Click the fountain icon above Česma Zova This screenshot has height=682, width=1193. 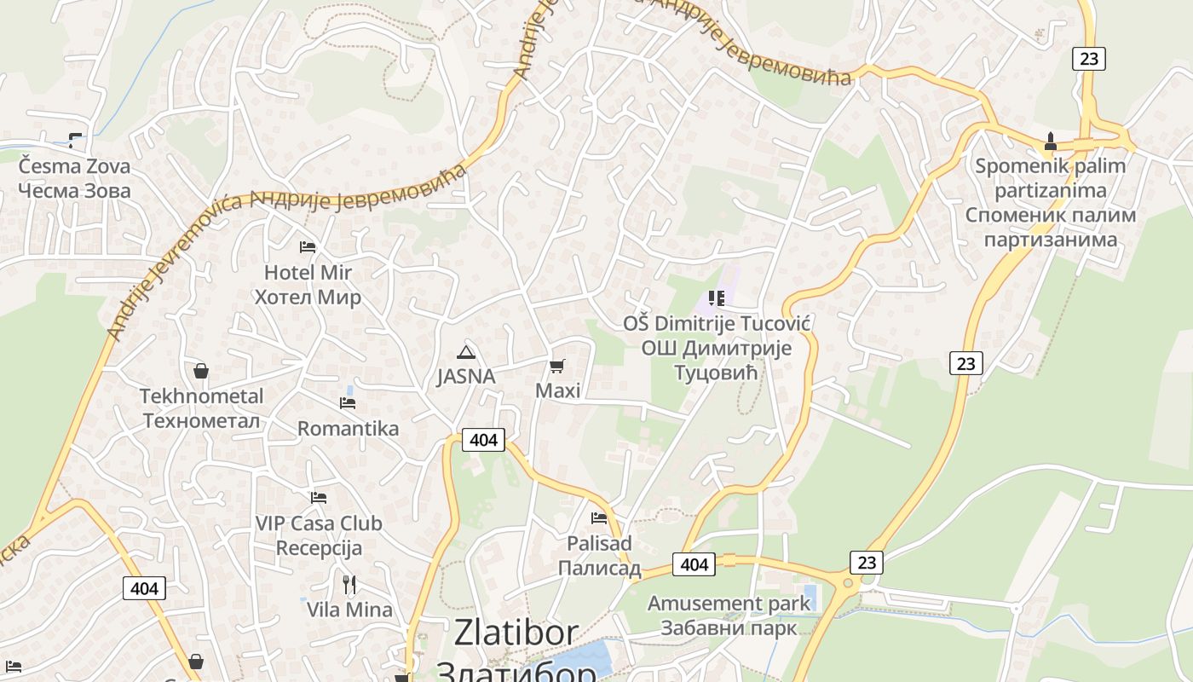[x=77, y=140]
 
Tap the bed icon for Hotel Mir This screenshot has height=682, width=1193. [x=308, y=247]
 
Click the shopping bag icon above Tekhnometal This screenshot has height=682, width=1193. [x=201, y=371]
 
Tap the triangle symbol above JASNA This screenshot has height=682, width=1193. [x=465, y=352]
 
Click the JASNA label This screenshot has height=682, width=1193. [x=465, y=376]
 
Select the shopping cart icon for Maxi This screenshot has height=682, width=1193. [x=557, y=367]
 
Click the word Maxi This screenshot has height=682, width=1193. [x=557, y=390]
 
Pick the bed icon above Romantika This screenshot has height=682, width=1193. [x=348, y=402]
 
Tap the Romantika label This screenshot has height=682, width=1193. [x=348, y=428]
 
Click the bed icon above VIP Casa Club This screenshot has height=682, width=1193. [x=319, y=497]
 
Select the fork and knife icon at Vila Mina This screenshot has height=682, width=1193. [x=349, y=584]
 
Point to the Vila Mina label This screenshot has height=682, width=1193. [x=349, y=610]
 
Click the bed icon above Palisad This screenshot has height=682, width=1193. [x=599, y=517]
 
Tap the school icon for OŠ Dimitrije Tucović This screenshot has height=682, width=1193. [x=717, y=298]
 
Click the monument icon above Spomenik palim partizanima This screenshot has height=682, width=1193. [x=1050, y=141]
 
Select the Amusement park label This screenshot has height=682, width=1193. [x=729, y=604]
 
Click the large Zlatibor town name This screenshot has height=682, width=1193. [x=516, y=633]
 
